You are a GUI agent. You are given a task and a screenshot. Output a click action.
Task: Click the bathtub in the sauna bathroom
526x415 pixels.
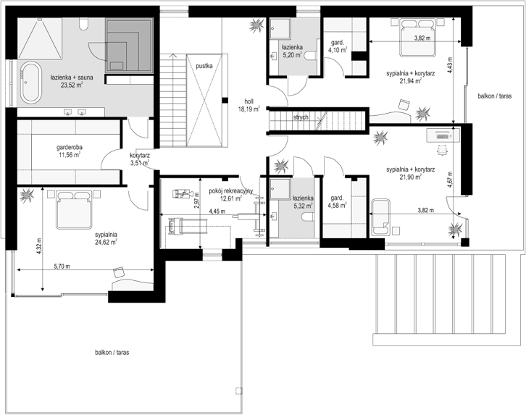pos(31,82)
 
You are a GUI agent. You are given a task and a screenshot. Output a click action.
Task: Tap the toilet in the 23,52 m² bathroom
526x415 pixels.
pos(83,23)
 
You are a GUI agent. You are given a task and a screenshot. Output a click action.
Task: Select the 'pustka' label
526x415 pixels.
pos(204,66)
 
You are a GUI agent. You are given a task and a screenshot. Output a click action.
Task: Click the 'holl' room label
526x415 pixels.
pos(249,101)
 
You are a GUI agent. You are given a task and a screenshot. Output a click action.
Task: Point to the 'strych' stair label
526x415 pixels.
pos(301,117)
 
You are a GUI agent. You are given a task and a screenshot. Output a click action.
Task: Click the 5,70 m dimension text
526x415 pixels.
pos(62,267)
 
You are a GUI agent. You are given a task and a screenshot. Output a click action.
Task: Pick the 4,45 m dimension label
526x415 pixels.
pos(217,211)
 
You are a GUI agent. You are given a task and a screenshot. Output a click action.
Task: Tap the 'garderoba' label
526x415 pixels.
pos(70,147)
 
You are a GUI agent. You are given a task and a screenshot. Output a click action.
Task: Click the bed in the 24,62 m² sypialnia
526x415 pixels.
pos(74,209)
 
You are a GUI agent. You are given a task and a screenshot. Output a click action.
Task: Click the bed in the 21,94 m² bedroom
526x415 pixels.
pos(417,37)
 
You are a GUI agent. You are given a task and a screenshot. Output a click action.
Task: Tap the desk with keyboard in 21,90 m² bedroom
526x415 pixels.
pos(443,136)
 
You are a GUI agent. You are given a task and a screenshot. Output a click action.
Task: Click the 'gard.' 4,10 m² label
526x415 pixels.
pos(338,43)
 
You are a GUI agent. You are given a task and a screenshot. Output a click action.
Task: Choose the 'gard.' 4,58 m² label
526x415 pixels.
pos(337,198)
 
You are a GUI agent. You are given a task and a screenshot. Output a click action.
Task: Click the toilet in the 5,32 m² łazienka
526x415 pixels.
pos(308,217)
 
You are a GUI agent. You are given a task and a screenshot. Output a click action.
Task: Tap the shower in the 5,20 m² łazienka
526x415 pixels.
pos(280,28)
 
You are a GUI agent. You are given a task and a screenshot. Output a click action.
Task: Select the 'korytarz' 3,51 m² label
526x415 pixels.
pos(140,156)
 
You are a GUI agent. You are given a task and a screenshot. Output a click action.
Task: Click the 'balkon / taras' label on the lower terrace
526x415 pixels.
pos(112,352)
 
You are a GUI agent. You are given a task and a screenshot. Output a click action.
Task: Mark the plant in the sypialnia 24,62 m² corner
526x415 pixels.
pos(27,195)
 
